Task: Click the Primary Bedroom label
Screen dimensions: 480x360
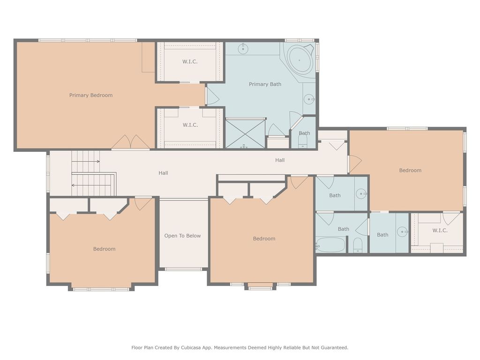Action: (x=90, y=95)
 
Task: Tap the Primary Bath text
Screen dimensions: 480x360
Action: (x=265, y=84)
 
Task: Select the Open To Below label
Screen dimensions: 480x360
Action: (x=182, y=236)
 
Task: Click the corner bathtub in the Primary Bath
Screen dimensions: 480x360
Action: (x=300, y=60)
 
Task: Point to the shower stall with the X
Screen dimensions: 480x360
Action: (x=245, y=134)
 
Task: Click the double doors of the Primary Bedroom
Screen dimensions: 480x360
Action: (x=131, y=142)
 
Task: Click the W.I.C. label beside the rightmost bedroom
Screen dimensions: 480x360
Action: (x=440, y=231)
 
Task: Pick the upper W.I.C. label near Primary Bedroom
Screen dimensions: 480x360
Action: (x=190, y=61)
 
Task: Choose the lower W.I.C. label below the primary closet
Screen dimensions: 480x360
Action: (x=190, y=125)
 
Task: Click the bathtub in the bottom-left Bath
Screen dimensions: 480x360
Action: (x=330, y=245)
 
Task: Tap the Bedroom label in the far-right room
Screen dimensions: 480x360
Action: (x=410, y=170)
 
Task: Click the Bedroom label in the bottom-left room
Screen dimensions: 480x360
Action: (x=105, y=249)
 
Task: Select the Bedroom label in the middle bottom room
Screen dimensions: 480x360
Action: (x=264, y=239)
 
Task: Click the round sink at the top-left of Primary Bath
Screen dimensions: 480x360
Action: (x=243, y=49)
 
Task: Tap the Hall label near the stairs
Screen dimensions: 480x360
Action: (x=163, y=173)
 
